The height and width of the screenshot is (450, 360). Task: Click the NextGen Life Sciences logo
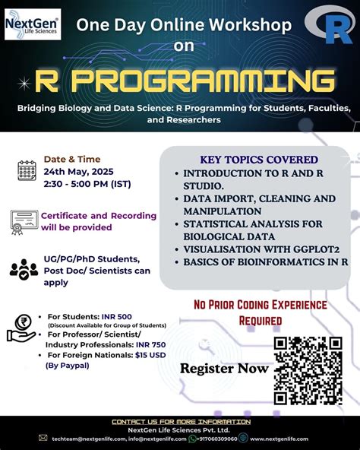pos(32,24)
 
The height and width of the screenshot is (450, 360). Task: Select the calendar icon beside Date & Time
pos(27,170)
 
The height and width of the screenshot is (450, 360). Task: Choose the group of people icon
pos(24,268)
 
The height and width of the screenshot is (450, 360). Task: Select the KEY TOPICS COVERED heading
pos(259,160)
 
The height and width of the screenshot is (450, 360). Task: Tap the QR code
pos(307,370)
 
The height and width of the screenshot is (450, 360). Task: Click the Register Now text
pos(223,369)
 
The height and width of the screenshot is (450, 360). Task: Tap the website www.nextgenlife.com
pos(286,438)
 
